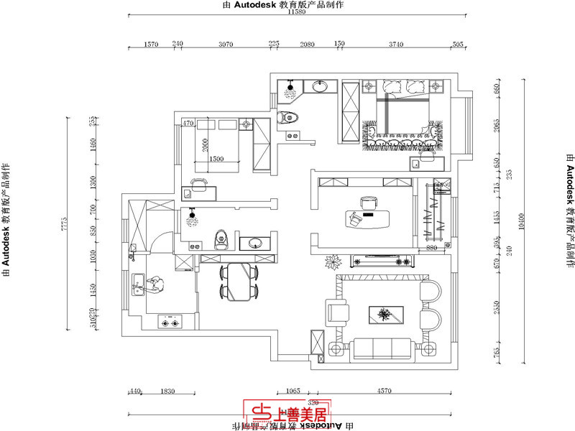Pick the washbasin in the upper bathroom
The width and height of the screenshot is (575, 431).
pos(318,87)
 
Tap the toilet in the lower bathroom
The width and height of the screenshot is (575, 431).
pos(221,238)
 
